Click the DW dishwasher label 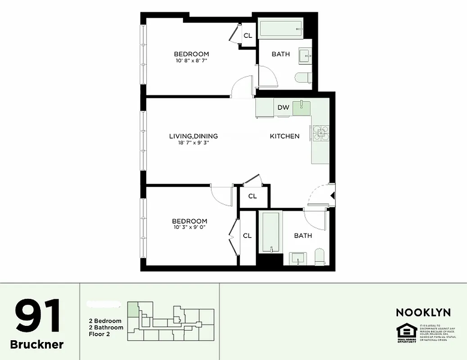point(283,108)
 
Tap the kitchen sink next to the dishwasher point(302,108)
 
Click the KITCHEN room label point(285,136)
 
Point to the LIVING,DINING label point(193,136)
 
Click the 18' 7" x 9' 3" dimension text point(193,143)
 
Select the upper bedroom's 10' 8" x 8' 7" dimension point(191,60)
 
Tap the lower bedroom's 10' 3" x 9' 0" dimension point(190,227)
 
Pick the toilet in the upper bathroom point(303,77)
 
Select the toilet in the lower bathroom point(319,256)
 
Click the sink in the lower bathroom point(297,258)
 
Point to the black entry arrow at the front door point(332,196)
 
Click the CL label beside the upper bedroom point(248,36)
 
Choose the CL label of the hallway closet point(252,196)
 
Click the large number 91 point(38,316)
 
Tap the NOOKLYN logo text point(423,312)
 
